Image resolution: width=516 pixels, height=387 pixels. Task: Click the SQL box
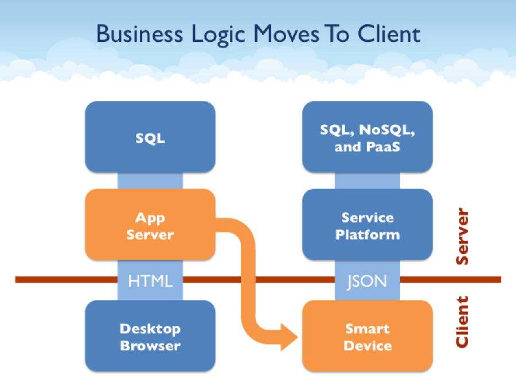coord(150,138)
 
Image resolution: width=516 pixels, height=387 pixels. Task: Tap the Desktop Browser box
coord(150,337)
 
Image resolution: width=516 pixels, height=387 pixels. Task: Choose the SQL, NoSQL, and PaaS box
coord(368,138)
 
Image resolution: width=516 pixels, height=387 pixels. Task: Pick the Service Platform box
coord(368,225)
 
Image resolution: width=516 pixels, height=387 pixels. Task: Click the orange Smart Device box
coord(368,337)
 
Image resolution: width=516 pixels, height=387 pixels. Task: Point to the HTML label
coord(150,280)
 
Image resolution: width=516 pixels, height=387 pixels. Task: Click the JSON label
coord(368,280)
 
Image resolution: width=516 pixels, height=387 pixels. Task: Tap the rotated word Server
coord(462,237)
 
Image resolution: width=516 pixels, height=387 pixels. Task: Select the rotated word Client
coord(462,322)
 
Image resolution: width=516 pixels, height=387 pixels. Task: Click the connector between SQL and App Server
coord(150,181)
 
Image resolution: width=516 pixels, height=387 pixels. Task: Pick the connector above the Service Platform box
coord(368,181)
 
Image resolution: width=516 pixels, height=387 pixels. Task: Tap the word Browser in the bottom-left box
coord(150,346)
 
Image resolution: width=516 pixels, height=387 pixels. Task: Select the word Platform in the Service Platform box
coord(368,234)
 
